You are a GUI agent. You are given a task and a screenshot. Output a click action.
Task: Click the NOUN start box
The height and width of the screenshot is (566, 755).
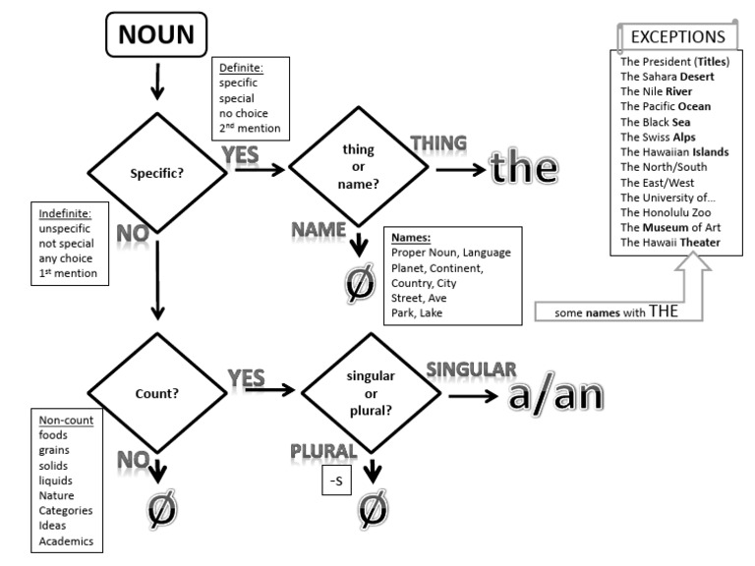[155, 36]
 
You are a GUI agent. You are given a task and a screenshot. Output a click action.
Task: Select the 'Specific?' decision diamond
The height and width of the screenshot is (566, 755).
[158, 172]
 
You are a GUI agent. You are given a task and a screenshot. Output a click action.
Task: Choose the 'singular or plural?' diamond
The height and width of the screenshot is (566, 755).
[371, 390]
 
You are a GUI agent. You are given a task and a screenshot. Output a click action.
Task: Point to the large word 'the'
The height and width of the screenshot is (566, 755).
[524, 168]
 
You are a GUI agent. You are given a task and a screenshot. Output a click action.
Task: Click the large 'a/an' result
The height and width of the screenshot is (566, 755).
[554, 394]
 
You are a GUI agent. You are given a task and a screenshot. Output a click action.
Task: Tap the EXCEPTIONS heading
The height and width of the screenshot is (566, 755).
[676, 37]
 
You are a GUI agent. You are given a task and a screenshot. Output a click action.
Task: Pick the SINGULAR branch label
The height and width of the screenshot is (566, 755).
[470, 368]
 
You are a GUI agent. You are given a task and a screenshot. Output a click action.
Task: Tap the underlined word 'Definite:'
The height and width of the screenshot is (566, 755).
[241, 66]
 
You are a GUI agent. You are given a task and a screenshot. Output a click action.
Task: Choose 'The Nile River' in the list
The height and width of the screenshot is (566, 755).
[663, 90]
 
